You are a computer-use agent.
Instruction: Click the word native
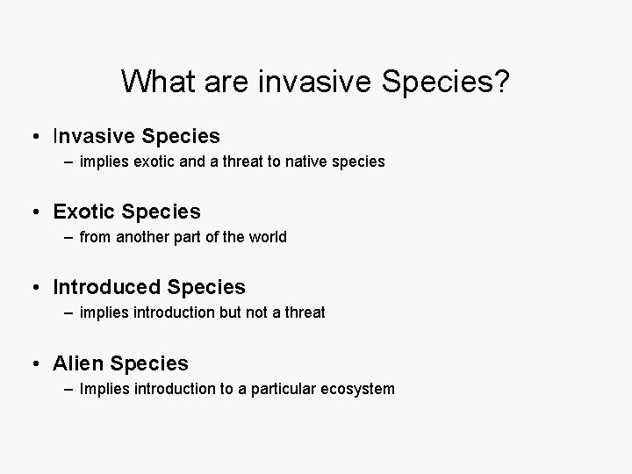click(x=311, y=162)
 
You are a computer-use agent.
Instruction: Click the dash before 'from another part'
click(x=68, y=238)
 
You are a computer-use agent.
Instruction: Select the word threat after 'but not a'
click(x=304, y=313)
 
